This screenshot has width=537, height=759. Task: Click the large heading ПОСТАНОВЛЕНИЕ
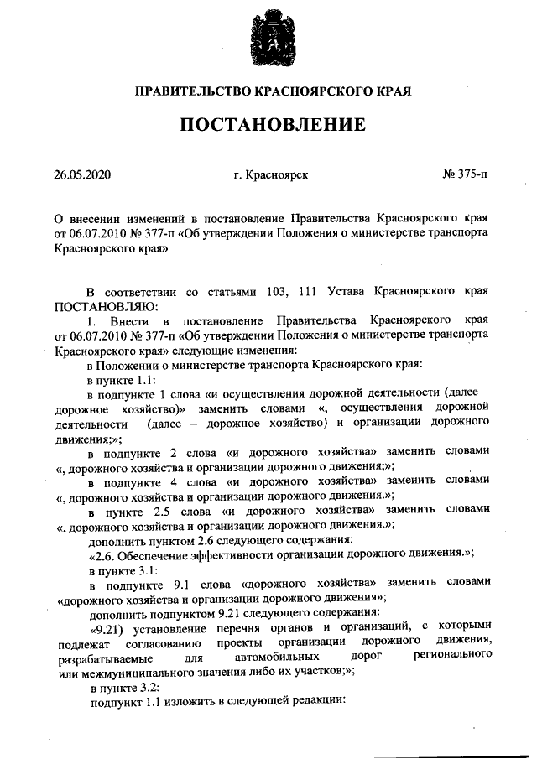(272, 125)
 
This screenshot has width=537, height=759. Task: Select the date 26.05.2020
(82, 175)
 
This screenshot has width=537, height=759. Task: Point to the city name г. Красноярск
(272, 175)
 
